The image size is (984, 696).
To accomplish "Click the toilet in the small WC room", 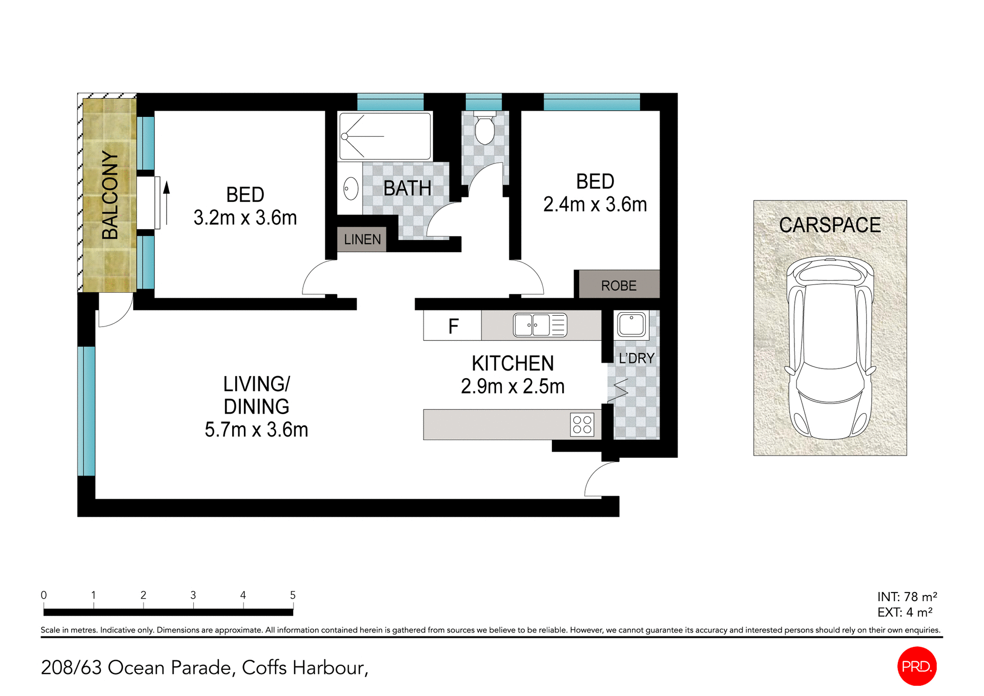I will point(484,130).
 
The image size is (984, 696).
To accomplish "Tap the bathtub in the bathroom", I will point(385,136).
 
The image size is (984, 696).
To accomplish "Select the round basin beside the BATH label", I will point(351,189).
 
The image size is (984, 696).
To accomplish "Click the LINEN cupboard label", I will point(362,239).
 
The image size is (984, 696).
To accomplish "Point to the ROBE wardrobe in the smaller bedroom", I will point(619,285).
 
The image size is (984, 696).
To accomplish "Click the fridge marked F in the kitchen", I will point(453,326).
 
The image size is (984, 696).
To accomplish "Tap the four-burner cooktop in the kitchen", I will point(582,425).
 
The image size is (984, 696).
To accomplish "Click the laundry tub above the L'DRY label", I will point(631,324).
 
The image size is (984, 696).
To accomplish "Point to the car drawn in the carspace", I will point(830,349).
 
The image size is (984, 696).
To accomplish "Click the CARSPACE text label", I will point(830,225).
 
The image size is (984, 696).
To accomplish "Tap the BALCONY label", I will point(110,195).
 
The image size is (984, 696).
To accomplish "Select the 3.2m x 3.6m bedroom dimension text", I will point(245,218).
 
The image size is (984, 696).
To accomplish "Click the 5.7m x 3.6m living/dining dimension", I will point(256,429).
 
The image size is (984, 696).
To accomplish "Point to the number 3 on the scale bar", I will point(193,595).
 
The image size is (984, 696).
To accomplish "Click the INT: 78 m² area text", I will point(907,597).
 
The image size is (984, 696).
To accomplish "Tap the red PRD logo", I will point(916,666).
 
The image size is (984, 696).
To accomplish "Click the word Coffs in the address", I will point(264,667).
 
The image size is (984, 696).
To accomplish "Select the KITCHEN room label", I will point(512,363).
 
